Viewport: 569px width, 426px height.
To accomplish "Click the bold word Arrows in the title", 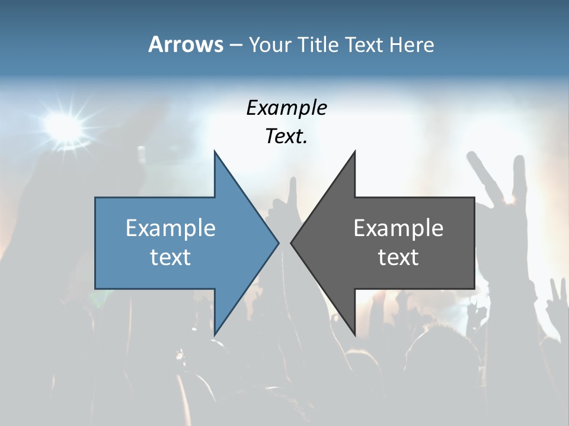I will (186, 44).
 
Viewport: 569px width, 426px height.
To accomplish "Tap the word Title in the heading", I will (318, 44).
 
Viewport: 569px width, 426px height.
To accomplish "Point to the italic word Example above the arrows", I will (286, 108).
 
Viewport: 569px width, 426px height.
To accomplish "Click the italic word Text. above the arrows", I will (286, 137).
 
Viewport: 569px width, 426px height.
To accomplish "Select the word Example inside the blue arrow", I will (171, 228).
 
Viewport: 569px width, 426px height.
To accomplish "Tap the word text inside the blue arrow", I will (171, 257).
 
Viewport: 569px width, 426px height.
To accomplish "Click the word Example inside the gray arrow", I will (398, 228).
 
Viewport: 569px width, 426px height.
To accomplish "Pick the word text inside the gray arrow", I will (398, 257).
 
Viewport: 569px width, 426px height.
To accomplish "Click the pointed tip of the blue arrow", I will (278, 243).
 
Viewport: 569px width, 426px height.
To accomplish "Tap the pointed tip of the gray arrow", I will (291, 243).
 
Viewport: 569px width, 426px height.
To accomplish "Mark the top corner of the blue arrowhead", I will (215, 151).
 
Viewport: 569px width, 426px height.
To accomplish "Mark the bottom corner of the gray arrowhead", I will (354, 335).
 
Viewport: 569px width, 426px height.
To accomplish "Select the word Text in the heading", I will (364, 44).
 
